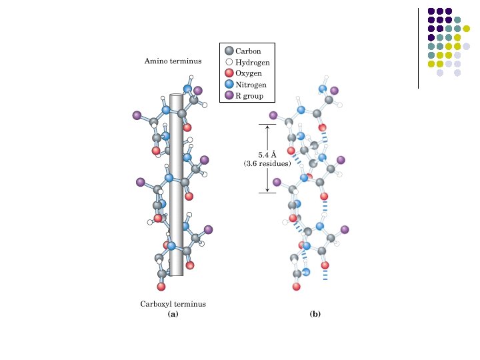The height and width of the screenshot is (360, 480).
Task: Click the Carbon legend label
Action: pyautogui.click(x=248, y=51)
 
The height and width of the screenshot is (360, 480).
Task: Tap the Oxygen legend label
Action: pyautogui.click(x=249, y=73)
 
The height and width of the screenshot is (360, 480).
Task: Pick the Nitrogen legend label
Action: pyautogui.click(x=251, y=85)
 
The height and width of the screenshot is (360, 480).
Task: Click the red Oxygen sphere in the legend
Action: pyautogui.click(x=229, y=73)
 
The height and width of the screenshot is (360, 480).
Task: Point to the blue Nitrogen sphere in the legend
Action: pyautogui.click(x=229, y=85)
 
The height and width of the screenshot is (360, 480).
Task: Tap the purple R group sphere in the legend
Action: pyautogui.click(x=229, y=96)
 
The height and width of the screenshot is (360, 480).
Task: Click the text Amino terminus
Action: pyautogui.click(x=173, y=61)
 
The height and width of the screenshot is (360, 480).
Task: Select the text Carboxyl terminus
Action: pyautogui.click(x=173, y=304)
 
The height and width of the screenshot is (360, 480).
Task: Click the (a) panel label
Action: pyautogui.click(x=173, y=313)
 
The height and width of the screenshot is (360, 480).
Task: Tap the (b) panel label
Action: pyautogui.click(x=315, y=313)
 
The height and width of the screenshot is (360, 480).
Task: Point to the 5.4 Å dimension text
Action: pyautogui.click(x=267, y=155)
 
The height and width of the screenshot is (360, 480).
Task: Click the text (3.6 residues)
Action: pyautogui.click(x=267, y=164)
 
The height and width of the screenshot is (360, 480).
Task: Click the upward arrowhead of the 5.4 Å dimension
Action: pyautogui.click(x=267, y=127)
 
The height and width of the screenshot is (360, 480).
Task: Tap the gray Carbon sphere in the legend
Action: pyautogui.click(x=229, y=51)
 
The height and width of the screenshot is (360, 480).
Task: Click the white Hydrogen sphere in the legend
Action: pyautogui.click(x=229, y=62)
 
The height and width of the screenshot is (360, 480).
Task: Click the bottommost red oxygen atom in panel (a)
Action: pyautogui.click(x=161, y=287)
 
